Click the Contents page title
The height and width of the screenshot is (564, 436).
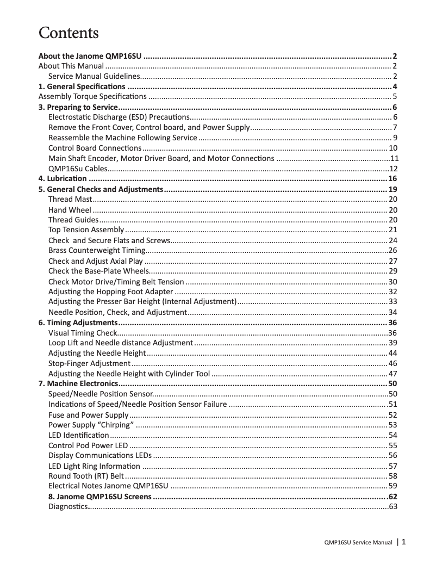68,33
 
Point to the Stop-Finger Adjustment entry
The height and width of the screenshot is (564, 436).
90,363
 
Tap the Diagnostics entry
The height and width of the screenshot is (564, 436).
68,507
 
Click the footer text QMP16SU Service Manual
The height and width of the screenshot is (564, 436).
358,543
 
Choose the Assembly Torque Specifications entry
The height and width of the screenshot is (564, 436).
92,97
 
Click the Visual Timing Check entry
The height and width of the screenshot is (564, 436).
83,333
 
